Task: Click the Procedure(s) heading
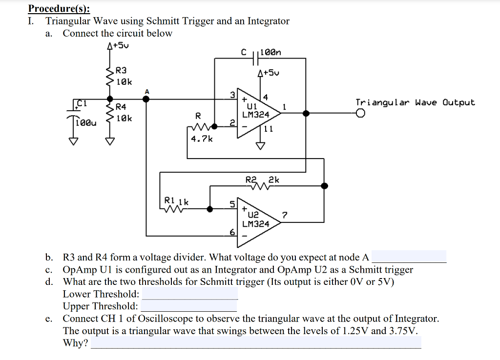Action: (x=59, y=8)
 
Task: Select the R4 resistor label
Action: (x=121, y=106)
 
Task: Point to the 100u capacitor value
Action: (x=84, y=123)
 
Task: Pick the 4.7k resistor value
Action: (x=202, y=139)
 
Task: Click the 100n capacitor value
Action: (x=271, y=52)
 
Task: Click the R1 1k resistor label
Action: (x=176, y=200)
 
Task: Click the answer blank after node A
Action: (x=409, y=257)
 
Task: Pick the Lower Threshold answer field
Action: (x=189, y=294)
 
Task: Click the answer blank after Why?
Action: (x=256, y=343)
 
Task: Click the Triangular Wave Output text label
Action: (x=415, y=102)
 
